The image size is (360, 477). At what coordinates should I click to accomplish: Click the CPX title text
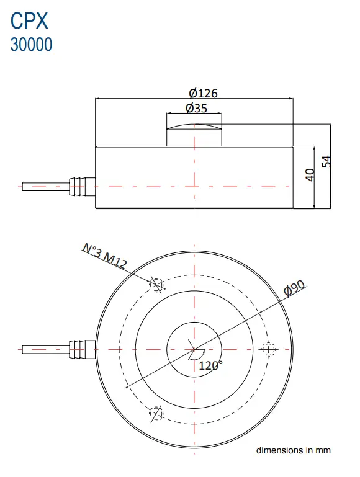29,20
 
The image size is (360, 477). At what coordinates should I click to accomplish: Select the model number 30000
31,45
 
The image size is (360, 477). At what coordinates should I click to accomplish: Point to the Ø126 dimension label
203,93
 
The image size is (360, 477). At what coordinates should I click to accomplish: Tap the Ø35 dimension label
196,108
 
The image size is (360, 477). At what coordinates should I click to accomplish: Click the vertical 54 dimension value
326,161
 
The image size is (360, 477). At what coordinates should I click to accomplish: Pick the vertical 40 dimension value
310,175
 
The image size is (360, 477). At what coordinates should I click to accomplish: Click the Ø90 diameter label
294,288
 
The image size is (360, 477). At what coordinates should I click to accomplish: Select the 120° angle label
210,365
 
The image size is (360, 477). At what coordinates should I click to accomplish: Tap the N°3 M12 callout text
105,256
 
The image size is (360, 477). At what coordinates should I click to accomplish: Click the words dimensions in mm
294,450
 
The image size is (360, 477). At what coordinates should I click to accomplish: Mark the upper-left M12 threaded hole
156,285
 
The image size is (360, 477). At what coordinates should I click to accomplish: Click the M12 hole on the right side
268,349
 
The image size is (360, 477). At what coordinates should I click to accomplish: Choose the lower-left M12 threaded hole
156,414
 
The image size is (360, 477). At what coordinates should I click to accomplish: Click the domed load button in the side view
194,135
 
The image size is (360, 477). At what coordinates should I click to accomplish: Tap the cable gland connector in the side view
82,187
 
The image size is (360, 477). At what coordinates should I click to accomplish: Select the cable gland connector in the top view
82,349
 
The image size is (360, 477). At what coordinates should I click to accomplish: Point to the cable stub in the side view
46,187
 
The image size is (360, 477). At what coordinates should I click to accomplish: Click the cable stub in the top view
46,349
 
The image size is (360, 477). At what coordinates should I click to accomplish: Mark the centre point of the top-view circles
194,349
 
